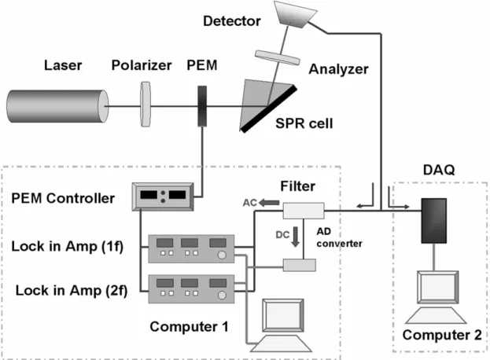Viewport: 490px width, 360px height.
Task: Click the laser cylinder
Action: (x=58, y=106)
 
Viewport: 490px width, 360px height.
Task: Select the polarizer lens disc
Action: (x=146, y=105)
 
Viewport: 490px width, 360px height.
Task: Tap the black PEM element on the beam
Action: (x=202, y=106)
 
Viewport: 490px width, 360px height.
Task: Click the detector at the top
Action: (x=295, y=15)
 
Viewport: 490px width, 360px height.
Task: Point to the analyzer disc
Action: (x=278, y=57)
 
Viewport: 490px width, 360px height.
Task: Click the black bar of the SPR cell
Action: (x=268, y=108)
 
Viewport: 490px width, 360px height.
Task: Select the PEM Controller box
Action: (x=163, y=197)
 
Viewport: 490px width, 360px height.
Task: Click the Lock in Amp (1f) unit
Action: (x=191, y=249)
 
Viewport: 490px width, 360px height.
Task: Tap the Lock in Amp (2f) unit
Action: (x=191, y=288)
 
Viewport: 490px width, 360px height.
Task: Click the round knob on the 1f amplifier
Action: (x=222, y=255)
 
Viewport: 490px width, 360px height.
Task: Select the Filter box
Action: (x=304, y=211)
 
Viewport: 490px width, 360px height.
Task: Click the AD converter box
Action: (x=300, y=265)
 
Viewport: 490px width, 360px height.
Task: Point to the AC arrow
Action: (x=269, y=203)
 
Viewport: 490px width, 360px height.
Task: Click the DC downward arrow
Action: (x=295, y=237)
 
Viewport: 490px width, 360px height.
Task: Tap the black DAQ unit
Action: (x=433, y=220)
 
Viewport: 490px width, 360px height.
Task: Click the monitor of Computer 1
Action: (x=283, y=315)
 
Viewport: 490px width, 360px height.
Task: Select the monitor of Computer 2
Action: (x=438, y=287)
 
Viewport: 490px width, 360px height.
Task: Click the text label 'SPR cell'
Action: (x=304, y=123)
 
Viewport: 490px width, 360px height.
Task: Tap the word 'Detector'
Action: (x=232, y=21)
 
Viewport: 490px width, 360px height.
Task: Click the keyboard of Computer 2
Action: (x=437, y=315)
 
